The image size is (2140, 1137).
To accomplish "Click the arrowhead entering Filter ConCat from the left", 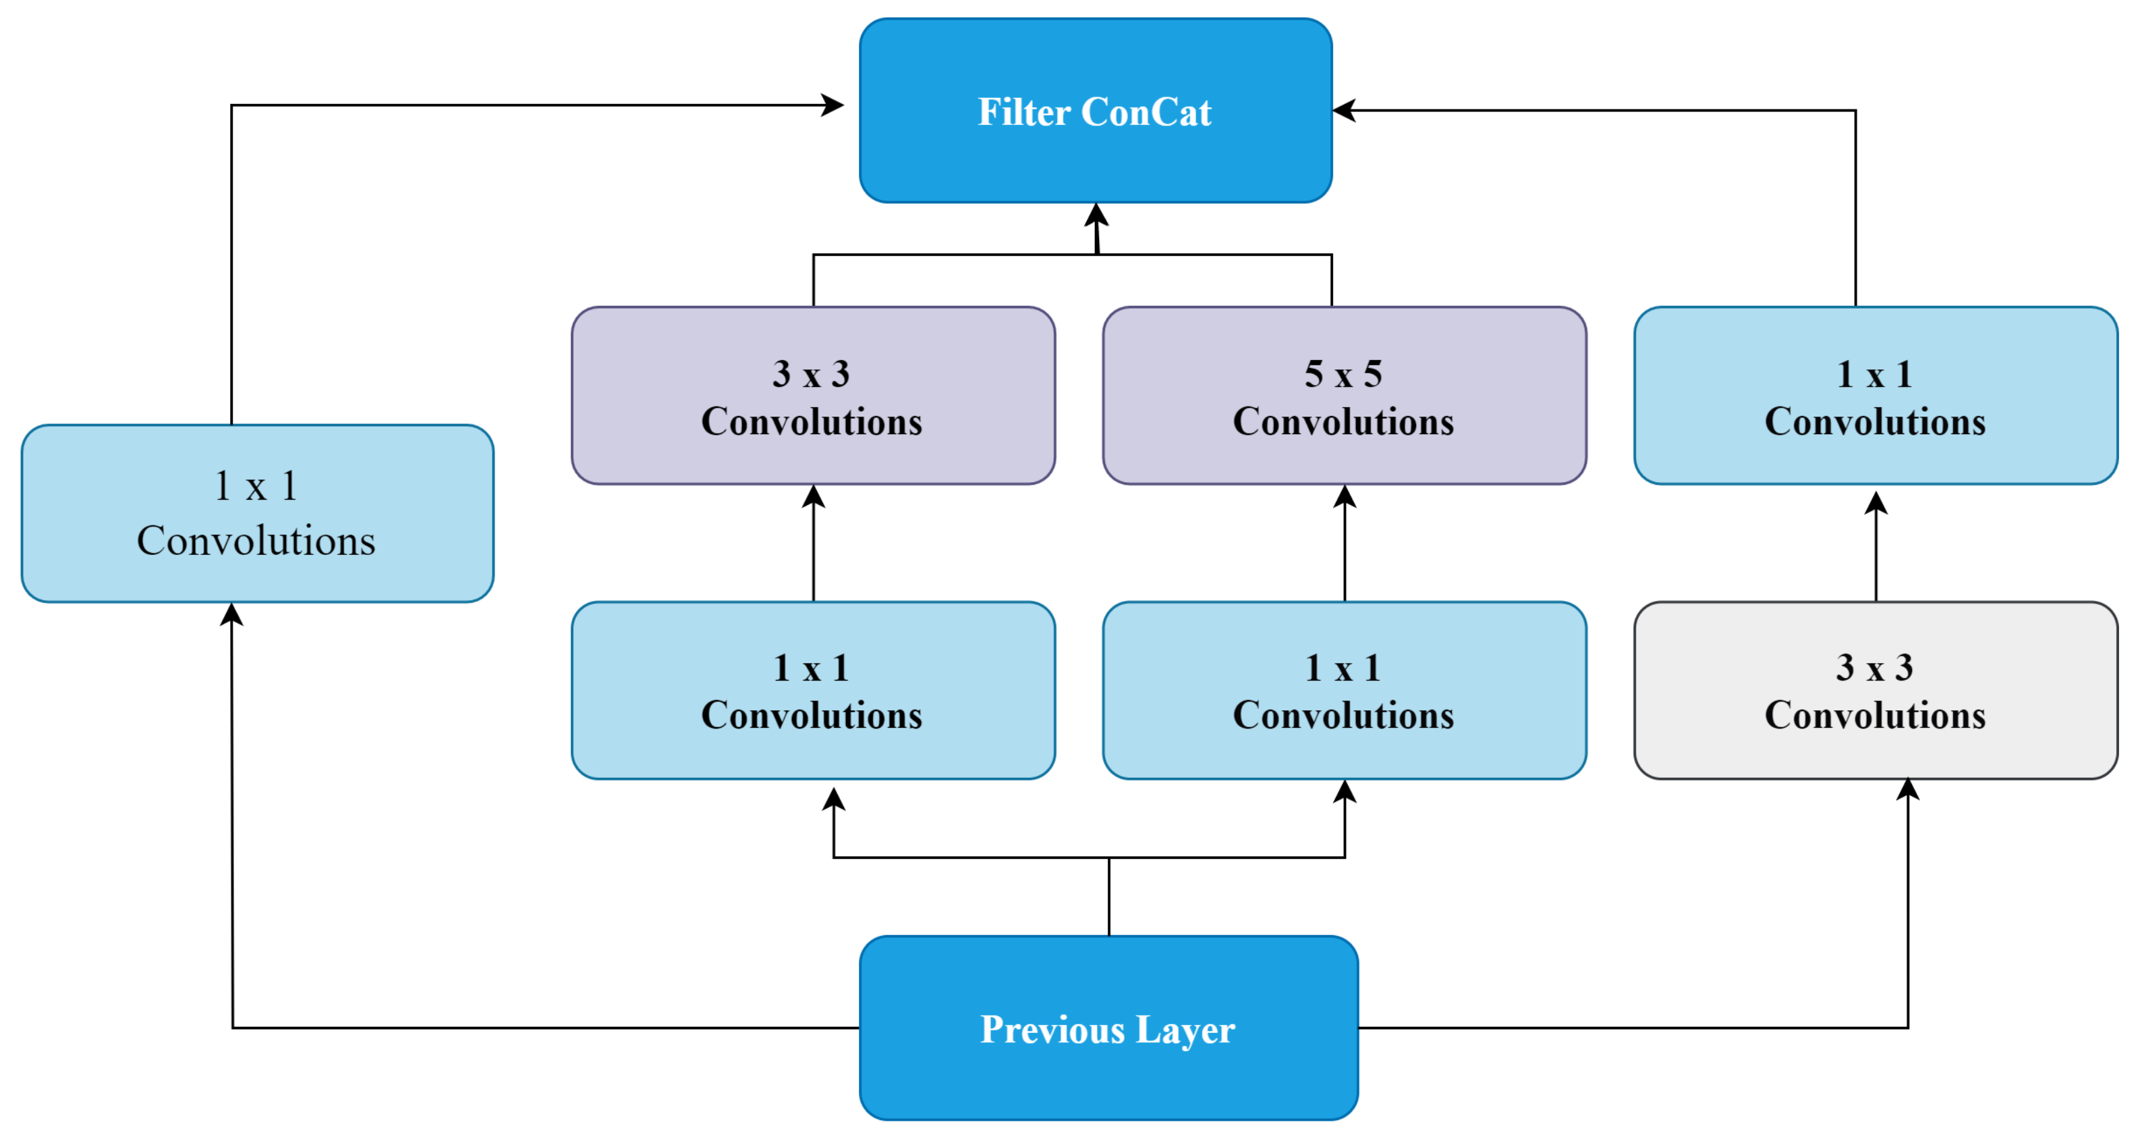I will [x=833, y=105].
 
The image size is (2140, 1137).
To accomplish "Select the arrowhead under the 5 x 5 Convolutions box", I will [x=1344, y=496].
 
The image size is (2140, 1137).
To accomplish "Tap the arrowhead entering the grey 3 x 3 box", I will [x=1907, y=789].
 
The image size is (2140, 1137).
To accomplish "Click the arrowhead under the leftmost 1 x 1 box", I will [x=232, y=614].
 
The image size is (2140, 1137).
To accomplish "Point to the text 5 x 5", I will [x=1343, y=374].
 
